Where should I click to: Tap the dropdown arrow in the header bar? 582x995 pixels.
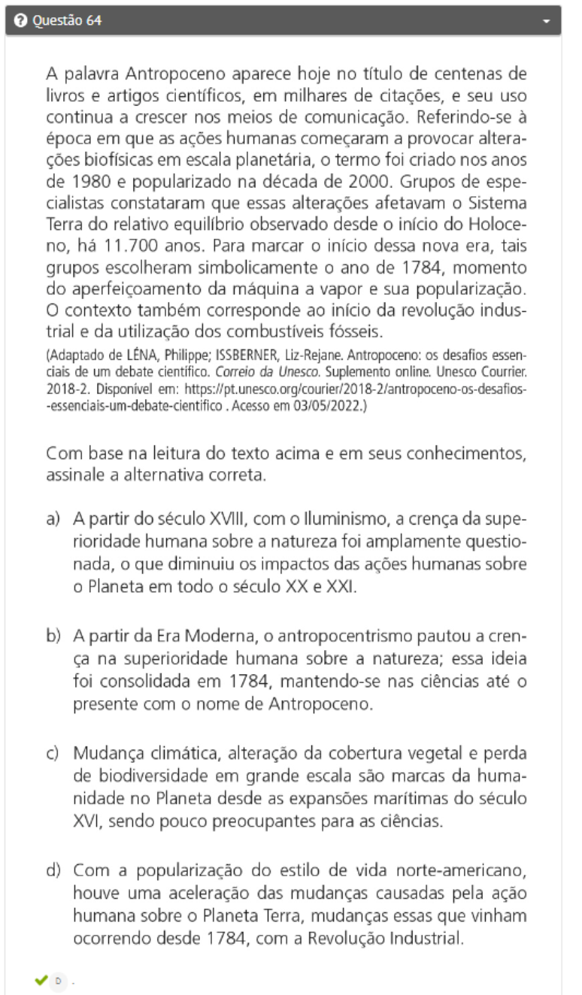pyautogui.click(x=547, y=21)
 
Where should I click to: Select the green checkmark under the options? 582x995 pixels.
pyautogui.click(x=40, y=981)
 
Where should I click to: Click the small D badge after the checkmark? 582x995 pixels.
pyautogui.click(x=59, y=981)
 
